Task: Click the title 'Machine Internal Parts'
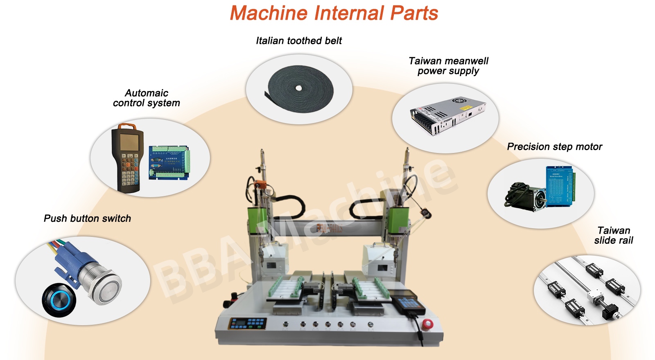click(x=334, y=13)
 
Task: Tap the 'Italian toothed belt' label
click(x=299, y=40)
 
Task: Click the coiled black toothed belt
click(x=300, y=89)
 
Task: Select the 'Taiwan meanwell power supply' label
click(x=448, y=66)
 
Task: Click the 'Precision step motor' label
click(x=554, y=146)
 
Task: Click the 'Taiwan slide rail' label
click(x=613, y=235)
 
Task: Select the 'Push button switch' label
click(x=87, y=218)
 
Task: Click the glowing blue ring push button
click(x=59, y=300)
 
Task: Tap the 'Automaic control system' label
click(x=147, y=98)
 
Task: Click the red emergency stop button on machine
click(x=427, y=324)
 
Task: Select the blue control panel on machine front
click(x=248, y=323)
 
